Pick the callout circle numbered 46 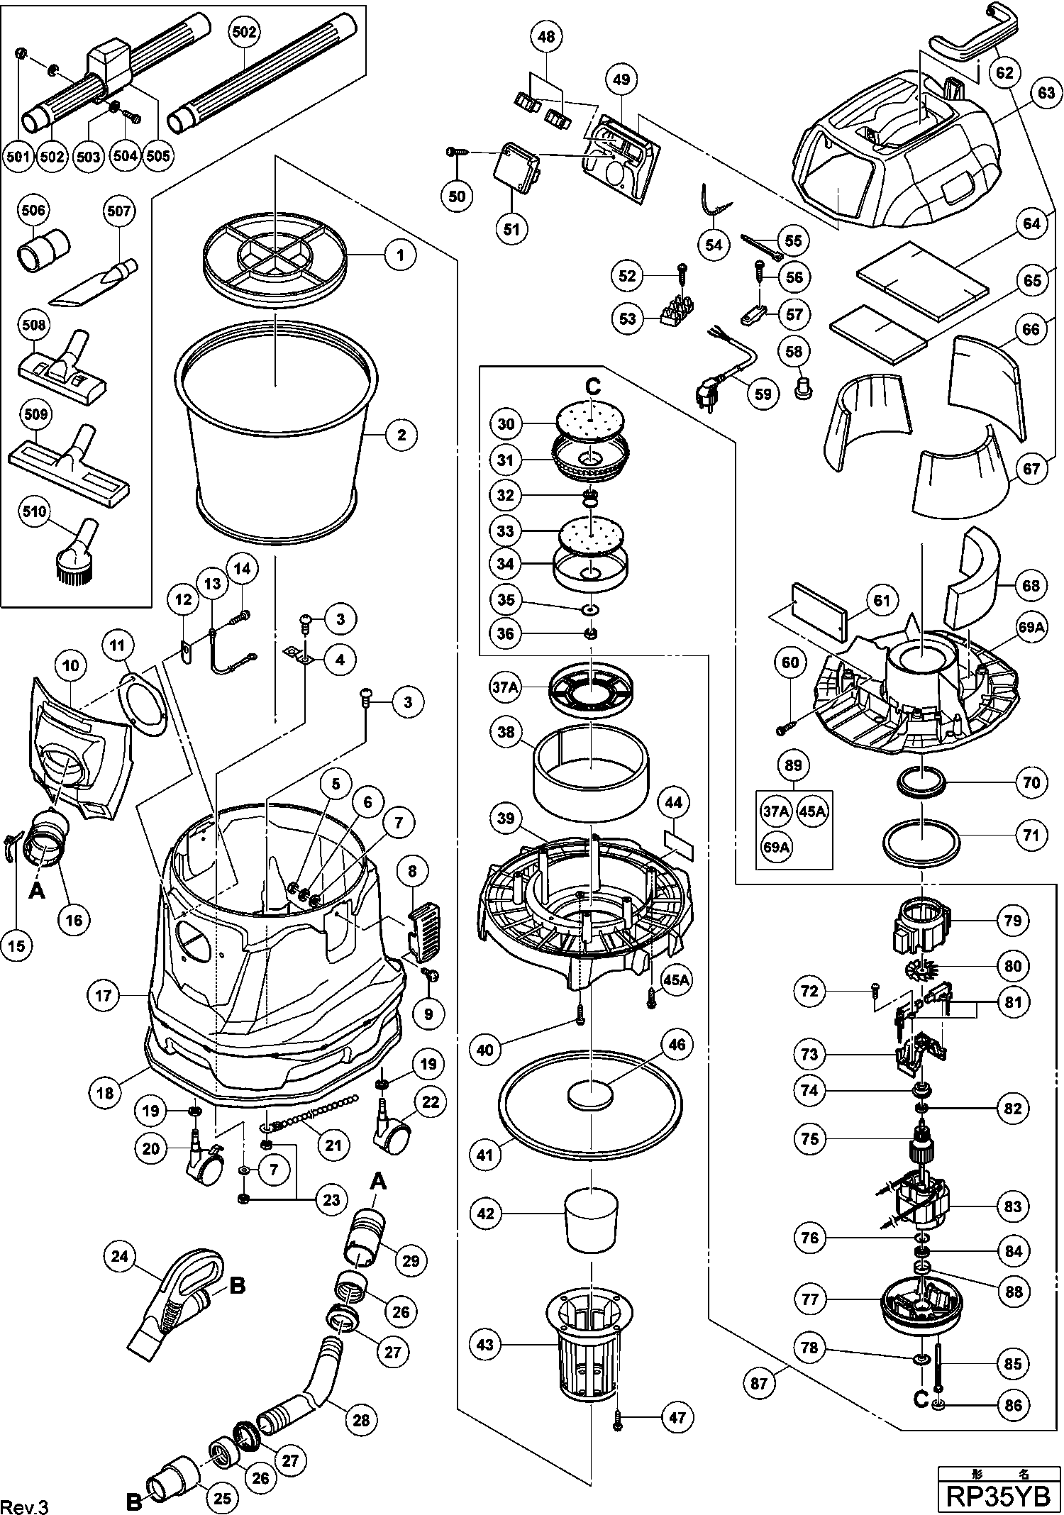677,1044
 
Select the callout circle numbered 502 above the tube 244,31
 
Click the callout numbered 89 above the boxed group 793,765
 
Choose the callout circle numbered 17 104,995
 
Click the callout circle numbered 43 485,1344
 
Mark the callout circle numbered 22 430,1101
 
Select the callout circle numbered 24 119,1256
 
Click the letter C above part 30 592,387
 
